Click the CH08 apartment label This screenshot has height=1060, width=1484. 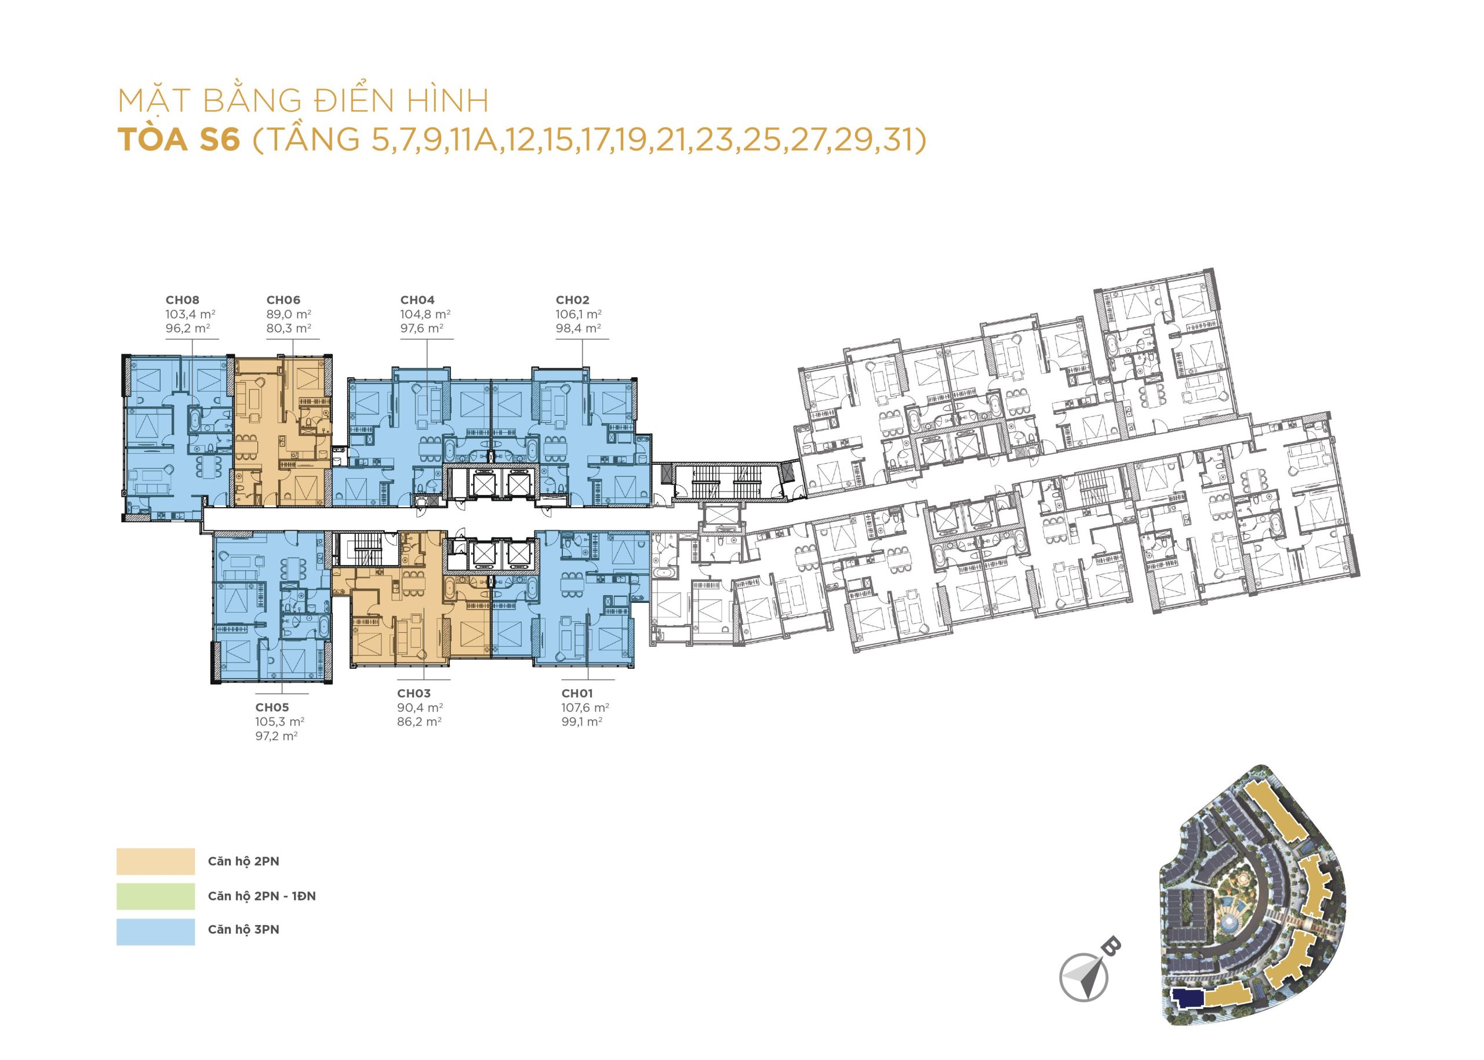182,300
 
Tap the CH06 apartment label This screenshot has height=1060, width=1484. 283,300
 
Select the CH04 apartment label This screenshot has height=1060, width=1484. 417,300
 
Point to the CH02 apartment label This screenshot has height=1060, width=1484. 573,300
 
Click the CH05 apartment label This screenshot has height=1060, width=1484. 272,707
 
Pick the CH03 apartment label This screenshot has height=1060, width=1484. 414,693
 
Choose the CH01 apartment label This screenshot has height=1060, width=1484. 577,693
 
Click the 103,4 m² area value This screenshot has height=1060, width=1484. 191,314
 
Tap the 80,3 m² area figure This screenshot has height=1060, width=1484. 289,328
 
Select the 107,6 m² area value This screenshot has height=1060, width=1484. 585,708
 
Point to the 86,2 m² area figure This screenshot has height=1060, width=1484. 419,722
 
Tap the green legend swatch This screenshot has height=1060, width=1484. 155,896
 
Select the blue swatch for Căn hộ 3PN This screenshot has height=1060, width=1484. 155,931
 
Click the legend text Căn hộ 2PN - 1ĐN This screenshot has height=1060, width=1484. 262,896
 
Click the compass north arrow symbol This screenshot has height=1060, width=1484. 1085,976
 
